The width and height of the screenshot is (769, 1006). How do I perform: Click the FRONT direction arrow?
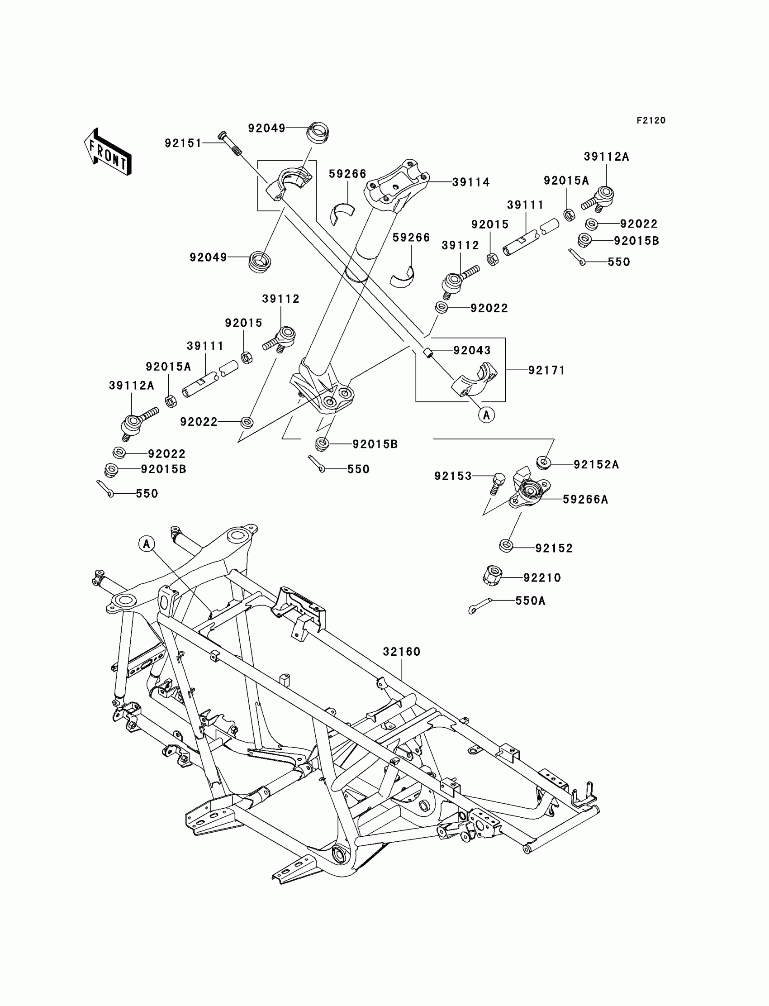108,152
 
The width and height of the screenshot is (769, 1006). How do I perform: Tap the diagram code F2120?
650,120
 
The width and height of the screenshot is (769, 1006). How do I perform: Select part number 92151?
183,143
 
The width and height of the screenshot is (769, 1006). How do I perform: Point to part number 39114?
470,182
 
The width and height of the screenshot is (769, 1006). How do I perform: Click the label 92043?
471,350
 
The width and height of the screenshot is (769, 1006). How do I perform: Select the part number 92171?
546,370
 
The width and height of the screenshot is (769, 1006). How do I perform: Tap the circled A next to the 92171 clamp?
486,415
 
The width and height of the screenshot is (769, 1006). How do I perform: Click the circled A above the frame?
147,544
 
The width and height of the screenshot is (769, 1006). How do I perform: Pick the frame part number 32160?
401,651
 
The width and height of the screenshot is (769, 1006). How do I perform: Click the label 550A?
530,601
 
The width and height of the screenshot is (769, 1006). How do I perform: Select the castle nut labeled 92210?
493,576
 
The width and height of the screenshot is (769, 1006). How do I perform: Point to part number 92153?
453,476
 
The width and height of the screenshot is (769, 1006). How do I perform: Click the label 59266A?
585,500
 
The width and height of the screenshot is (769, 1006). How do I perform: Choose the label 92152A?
596,465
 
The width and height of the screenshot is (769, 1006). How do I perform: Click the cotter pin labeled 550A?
479,606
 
